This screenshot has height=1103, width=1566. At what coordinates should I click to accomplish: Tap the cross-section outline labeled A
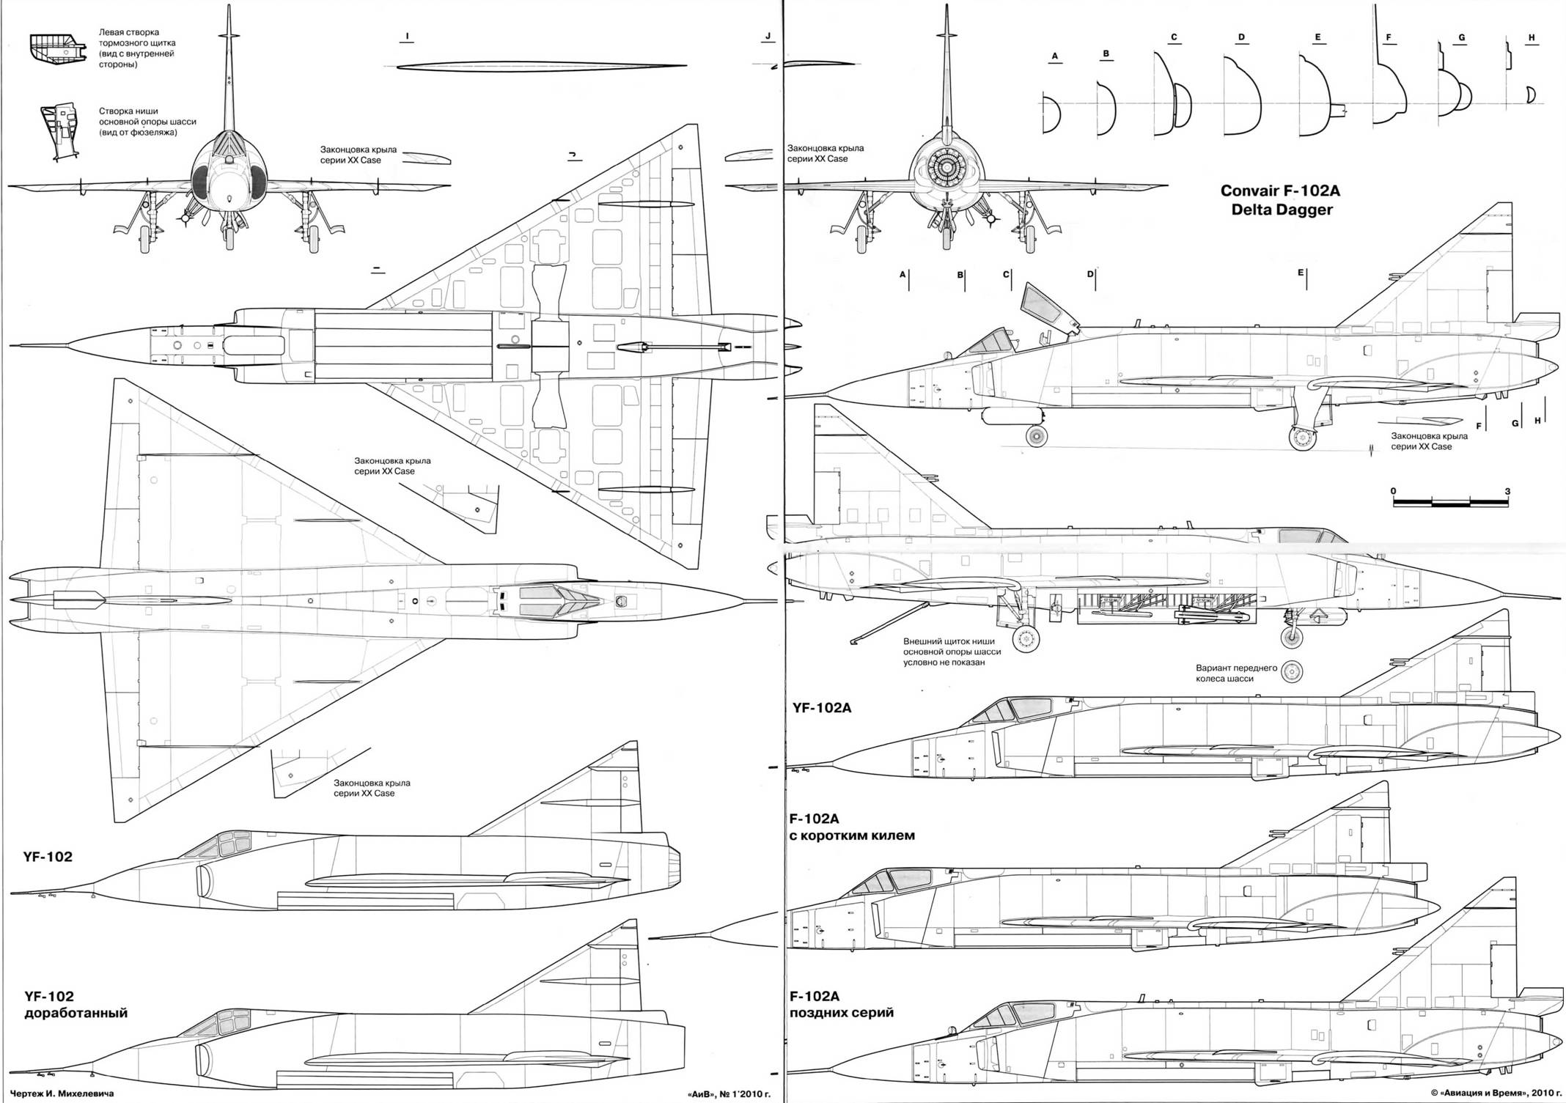click(1051, 114)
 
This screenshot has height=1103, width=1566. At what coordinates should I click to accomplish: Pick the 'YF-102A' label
click(821, 708)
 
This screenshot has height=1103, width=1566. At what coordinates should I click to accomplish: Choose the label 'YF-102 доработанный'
click(76, 1005)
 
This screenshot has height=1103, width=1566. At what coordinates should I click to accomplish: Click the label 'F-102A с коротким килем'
click(851, 827)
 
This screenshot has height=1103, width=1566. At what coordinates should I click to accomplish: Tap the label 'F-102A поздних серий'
click(841, 1004)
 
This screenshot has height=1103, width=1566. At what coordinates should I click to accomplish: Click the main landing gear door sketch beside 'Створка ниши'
click(63, 130)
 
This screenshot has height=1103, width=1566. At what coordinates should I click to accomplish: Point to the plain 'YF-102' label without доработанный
click(48, 857)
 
